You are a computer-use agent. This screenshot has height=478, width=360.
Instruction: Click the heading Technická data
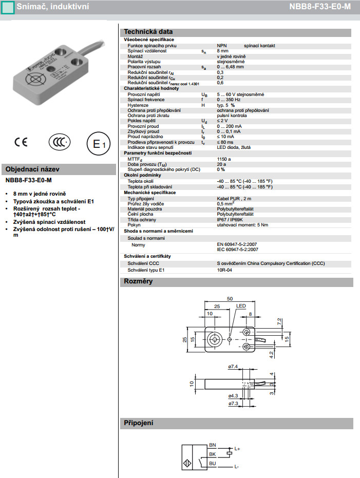coord(148,32)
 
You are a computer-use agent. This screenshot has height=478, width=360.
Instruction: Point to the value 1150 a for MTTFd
coord(224,159)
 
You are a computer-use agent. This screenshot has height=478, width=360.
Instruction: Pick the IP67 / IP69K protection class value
coord(231,220)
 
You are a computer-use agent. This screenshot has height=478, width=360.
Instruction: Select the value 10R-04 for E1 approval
coord(224,270)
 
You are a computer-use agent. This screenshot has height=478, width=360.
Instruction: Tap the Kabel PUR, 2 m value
coord(234,198)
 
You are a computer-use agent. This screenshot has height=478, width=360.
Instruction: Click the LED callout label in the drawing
coord(241,306)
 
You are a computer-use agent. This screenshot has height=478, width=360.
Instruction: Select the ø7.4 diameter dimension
coord(232,367)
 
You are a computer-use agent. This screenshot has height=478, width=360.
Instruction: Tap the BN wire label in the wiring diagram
coord(213,445)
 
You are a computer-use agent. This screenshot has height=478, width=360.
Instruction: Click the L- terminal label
coord(237,467)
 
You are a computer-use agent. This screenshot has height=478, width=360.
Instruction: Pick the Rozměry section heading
coord(138,281)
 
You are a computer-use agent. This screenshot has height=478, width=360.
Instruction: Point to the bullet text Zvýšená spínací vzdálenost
coord(49,222)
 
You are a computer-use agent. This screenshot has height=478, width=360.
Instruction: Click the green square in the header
coord(7,7)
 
